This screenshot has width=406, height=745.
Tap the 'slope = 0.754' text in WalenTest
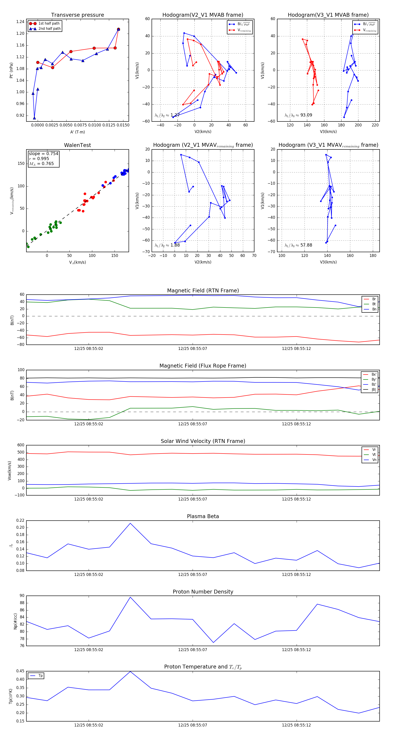coord(43,154)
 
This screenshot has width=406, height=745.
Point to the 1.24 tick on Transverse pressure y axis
coord(20,22)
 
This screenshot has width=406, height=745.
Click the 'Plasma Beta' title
coord(203,516)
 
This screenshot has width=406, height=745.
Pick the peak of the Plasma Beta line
coord(130,523)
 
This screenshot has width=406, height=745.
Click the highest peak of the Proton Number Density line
coord(130,597)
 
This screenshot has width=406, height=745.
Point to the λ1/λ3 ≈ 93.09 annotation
coord(298,115)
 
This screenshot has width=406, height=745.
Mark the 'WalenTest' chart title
coord(77,145)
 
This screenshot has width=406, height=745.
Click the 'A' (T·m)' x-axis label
coord(77,132)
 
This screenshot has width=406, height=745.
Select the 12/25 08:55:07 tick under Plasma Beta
coord(192,574)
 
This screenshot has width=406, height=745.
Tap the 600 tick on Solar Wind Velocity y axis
coord(21,445)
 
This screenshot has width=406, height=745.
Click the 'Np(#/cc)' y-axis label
coord(15,621)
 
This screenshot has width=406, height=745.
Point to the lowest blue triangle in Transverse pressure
coord(34,118)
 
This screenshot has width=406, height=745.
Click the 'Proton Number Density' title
coord(203,592)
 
